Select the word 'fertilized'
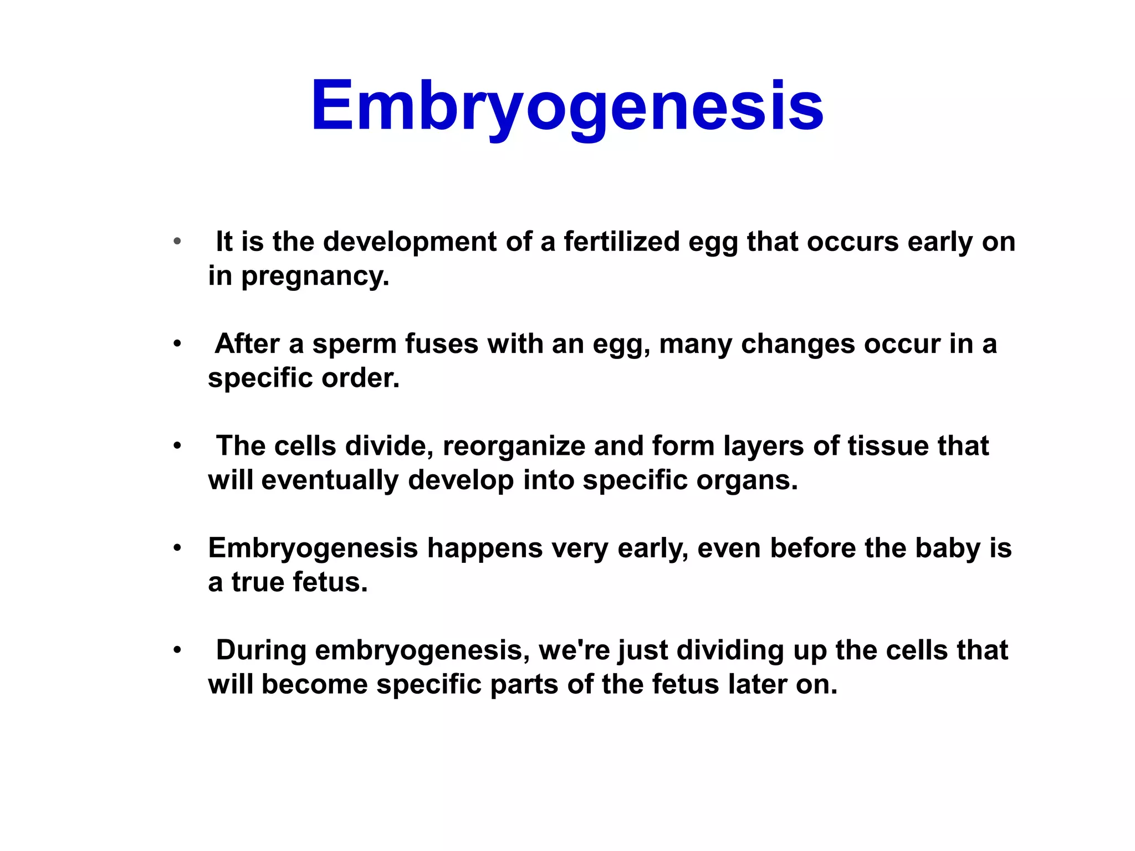click(x=622, y=242)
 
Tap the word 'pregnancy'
click(x=314, y=276)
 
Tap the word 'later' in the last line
click(x=758, y=685)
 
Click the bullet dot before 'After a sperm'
click(x=177, y=344)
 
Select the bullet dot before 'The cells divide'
click(x=177, y=446)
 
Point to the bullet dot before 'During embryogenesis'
click(x=177, y=650)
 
